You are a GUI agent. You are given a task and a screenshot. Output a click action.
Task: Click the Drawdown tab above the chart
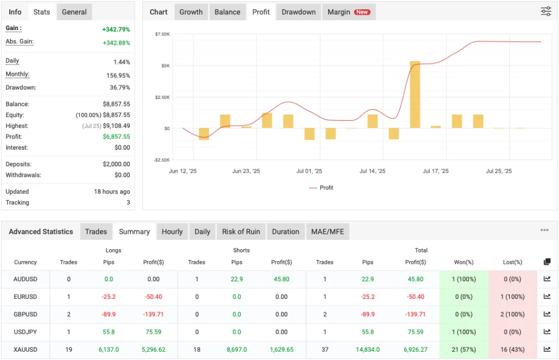pyautogui.click(x=299, y=12)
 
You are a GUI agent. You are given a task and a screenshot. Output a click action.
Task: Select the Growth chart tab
pyautogui.click(x=191, y=12)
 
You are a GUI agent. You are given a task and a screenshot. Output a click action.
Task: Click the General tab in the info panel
pyautogui.click(x=74, y=12)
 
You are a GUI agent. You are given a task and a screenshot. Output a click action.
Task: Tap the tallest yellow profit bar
pyautogui.click(x=415, y=95)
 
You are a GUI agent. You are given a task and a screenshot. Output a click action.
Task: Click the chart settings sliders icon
pyautogui.click(x=546, y=11)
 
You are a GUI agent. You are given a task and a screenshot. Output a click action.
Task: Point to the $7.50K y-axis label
pyautogui.click(x=162, y=34)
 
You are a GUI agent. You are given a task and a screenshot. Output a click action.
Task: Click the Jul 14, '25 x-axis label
pyautogui.click(x=372, y=171)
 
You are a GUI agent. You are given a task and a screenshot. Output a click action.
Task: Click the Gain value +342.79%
pyautogui.click(x=116, y=29)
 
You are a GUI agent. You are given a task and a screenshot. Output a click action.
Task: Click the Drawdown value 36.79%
pyautogui.click(x=120, y=87)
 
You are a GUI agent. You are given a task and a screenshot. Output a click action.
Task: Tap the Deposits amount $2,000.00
pyautogui.click(x=116, y=164)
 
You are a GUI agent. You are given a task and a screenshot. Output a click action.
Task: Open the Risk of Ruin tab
pyautogui.click(x=241, y=232)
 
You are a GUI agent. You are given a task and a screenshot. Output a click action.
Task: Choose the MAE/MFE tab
pyautogui.click(x=328, y=232)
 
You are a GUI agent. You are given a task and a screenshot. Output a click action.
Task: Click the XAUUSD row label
pyautogui.click(x=25, y=349)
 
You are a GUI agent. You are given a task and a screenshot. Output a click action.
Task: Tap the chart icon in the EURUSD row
pyautogui.click(x=547, y=297)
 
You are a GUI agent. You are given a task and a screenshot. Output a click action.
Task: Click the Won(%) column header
pyautogui.click(x=463, y=262)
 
